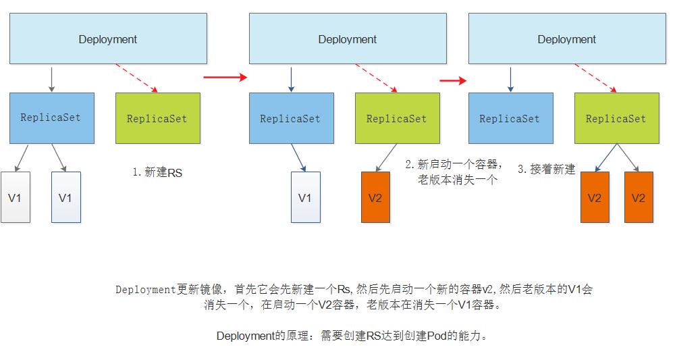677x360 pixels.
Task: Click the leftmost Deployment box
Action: (x=108, y=39)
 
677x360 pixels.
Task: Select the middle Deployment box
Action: (x=348, y=39)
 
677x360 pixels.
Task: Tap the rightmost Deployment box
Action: (x=567, y=39)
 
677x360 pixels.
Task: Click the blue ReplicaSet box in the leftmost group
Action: (x=51, y=118)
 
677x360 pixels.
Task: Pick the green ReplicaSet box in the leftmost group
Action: (x=157, y=118)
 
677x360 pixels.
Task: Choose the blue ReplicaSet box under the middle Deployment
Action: (x=291, y=118)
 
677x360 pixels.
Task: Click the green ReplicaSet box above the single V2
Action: (x=397, y=118)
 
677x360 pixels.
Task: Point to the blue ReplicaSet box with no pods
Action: (x=510, y=118)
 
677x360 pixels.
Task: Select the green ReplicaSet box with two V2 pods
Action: (x=616, y=118)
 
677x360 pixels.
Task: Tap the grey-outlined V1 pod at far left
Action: (x=16, y=197)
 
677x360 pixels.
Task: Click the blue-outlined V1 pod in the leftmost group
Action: (x=66, y=197)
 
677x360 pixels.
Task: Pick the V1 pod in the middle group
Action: (x=306, y=197)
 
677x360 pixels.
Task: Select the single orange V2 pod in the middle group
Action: (x=375, y=197)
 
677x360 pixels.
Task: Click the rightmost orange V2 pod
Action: (x=639, y=197)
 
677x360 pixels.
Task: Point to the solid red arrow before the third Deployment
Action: (x=453, y=81)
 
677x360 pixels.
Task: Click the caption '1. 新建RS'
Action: (x=157, y=173)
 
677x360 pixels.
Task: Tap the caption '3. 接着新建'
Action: (x=546, y=170)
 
